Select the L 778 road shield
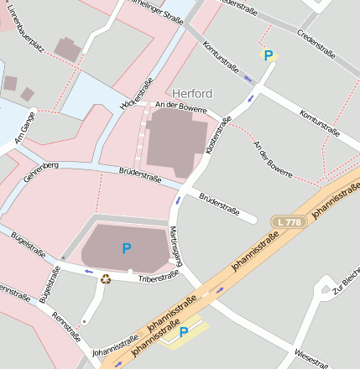[x=288, y=221]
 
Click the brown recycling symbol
[x=106, y=278]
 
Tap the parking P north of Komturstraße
[x=269, y=56]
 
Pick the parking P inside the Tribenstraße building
[x=127, y=247]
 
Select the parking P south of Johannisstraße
[x=183, y=333]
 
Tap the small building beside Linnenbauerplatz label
[x=68, y=48]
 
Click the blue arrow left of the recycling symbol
[x=89, y=271]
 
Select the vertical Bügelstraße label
[x=47, y=283]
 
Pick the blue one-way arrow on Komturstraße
[x=248, y=79]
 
